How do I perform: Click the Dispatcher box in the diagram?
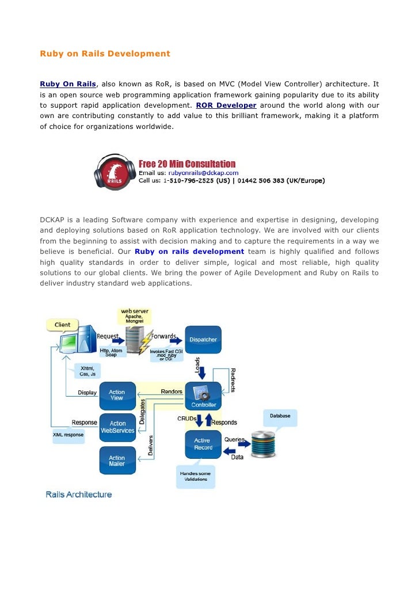203,339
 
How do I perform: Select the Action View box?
117,395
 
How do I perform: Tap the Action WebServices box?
117,427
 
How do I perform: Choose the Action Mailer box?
117,461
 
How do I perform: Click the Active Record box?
203,444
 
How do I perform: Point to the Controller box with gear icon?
203,396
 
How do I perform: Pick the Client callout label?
62,325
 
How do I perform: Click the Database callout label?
280,416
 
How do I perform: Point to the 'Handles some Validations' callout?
196,477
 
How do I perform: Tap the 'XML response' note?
68,435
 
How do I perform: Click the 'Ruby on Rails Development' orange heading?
105,54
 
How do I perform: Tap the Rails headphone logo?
115,172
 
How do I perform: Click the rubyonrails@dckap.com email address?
203,172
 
